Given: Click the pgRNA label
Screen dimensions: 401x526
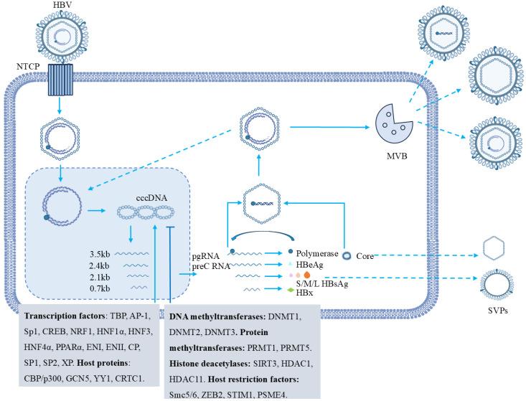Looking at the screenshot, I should coord(202,255).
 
